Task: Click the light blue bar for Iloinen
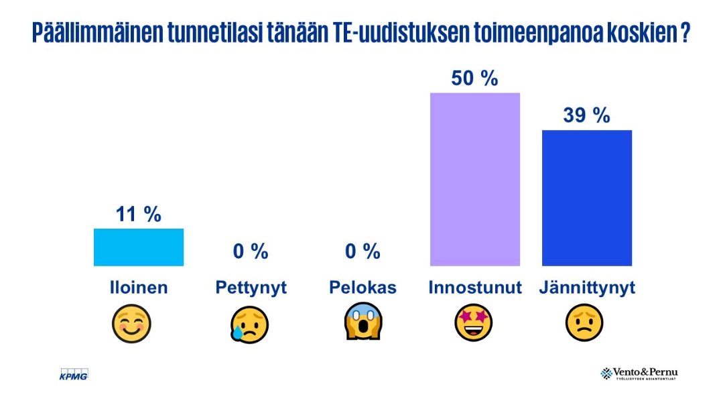tap(138, 247)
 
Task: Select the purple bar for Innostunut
tap(474, 179)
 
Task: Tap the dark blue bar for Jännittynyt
tap(586, 198)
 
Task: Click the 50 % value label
tap(474, 78)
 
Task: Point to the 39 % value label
tap(586, 115)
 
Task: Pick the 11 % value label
tap(138, 215)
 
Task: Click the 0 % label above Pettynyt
tap(251, 251)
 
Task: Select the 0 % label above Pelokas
tap(363, 251)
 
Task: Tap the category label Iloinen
tap(138, 288)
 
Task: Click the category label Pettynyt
tap(251, 288)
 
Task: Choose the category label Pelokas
tap(363, 288)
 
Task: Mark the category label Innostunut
tap(474, 288)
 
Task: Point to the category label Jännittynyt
tap(586, 288)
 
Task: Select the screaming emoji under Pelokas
tap(363, 323)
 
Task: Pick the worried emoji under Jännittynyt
tap(585, 323)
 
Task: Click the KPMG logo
tap(74, 374)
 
